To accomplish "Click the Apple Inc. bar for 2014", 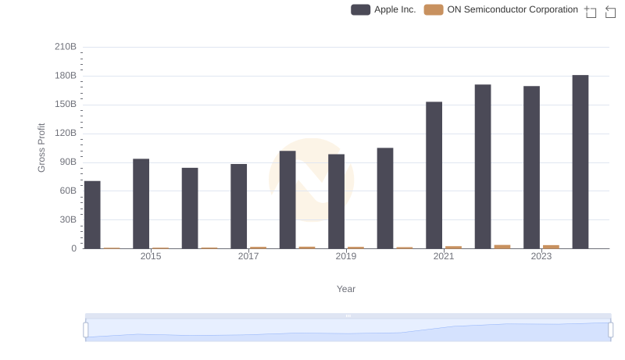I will pos(92,215).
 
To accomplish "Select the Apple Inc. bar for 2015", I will pos(141,204).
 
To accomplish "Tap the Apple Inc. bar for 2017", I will pos(238,206).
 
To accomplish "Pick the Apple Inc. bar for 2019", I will pos(336,201).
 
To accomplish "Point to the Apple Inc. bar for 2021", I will pos(434,175).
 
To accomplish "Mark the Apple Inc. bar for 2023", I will pos(531,167).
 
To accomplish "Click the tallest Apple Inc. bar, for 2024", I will pos(580,162).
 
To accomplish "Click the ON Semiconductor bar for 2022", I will pos(502,247).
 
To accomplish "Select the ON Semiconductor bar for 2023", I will pos(551,247).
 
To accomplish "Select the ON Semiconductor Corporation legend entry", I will pos(501,9).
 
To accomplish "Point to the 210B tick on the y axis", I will pos(66,47).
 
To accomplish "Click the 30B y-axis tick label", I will pos(69,219).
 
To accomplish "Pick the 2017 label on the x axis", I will pos(248,256).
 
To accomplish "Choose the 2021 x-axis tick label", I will pos(444,256).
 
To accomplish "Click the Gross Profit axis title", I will pos(42,148).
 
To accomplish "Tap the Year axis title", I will pos(346,289).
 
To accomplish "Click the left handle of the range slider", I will pos(86,330).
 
